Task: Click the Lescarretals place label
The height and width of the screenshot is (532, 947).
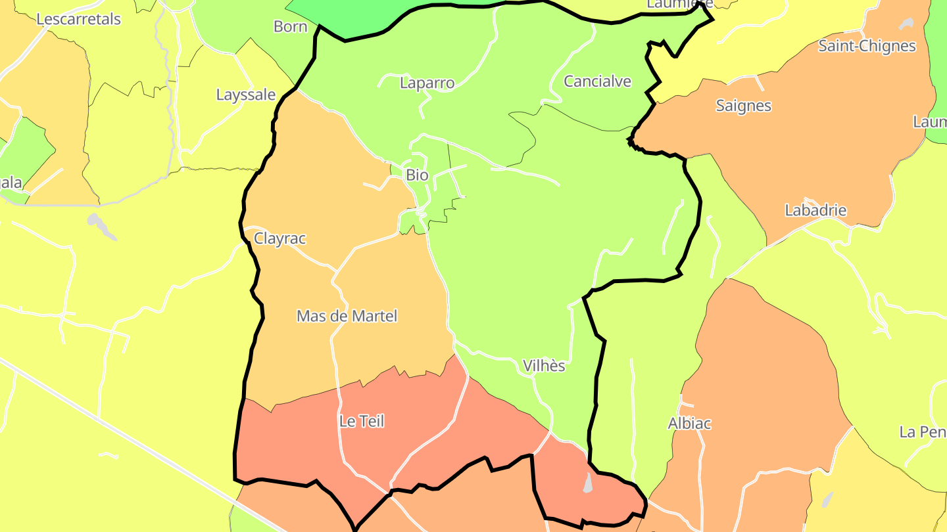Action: (x=78, y=19)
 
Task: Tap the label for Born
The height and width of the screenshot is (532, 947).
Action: (x=290, y=26)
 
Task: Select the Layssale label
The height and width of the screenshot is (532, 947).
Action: (x=246, y=95)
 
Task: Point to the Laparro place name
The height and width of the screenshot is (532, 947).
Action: (x=427, y=83)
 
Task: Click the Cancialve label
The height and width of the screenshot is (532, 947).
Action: (x=597, y=81)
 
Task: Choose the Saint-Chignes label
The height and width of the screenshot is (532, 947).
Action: (x=867, y=46)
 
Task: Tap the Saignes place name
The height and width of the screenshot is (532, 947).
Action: (x=743, y=106)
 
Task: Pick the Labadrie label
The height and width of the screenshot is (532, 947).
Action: (x=815, y=210)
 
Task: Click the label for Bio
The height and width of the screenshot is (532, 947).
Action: (x=417, y=175)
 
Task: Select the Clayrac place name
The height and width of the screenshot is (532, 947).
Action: (x=280, y=238)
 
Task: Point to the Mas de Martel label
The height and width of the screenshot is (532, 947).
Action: (x=347, y=316)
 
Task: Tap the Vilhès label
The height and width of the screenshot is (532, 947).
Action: (x=544, y=366)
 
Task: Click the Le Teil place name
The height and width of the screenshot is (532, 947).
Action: (x=362, y=421)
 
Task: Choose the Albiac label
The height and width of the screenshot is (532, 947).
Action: (x=689, y=424)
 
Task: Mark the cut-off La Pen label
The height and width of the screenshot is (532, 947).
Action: (x=922, y=432)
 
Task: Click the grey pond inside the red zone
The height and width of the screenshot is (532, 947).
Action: (x=588, y=483)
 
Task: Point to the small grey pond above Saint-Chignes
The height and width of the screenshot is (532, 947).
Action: (x=907, y=24)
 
